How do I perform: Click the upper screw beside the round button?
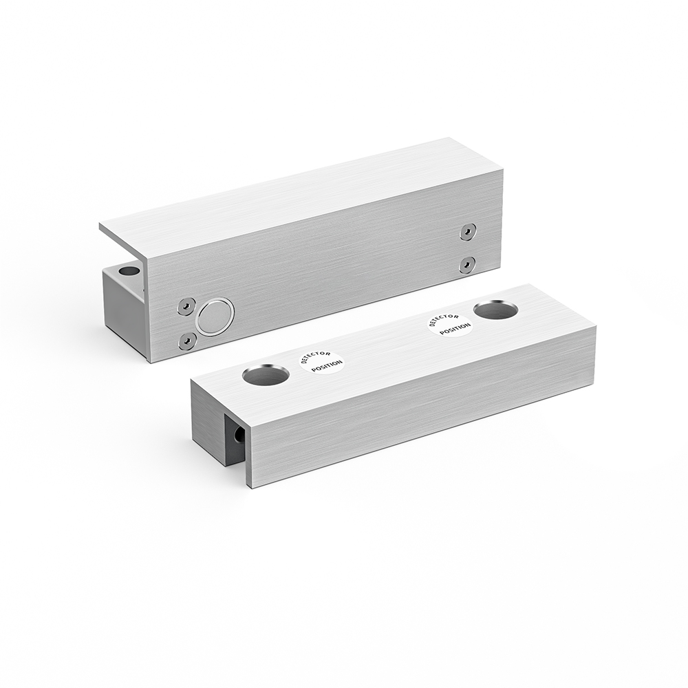(x=186, y=307)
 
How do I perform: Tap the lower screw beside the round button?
(x=186, y=340)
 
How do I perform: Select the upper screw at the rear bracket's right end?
(x=468, y=233)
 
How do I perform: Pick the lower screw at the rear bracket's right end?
(x=467, y=264)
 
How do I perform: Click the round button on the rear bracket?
(x=215, y=316)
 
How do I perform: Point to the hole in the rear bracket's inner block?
(x=128, y=270)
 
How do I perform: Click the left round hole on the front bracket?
(x=266, y=375)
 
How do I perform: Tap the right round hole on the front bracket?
(x=495, y=310)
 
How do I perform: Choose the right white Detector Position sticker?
(x=450, y=324)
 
